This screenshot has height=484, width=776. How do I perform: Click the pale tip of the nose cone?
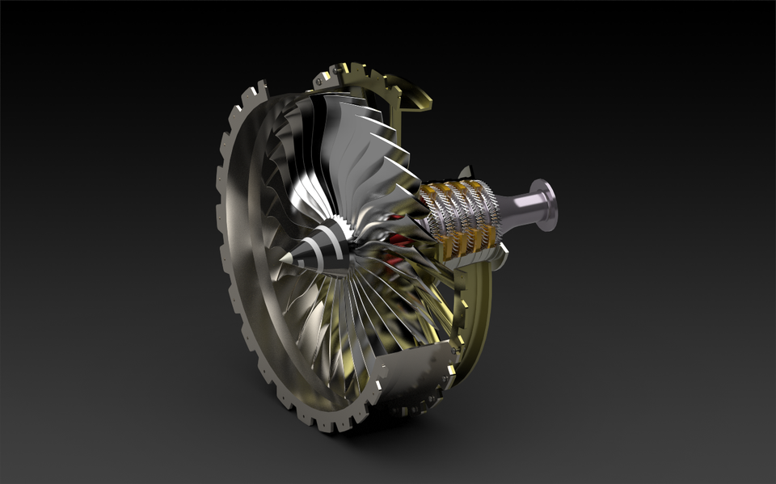click(283, 259)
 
